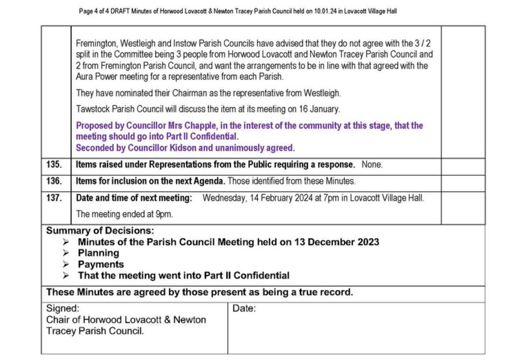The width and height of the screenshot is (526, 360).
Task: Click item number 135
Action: click(x=54, y=165)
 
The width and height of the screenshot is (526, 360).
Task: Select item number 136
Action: click(x=54, y=181)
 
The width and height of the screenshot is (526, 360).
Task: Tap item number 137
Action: click(x=54, y=198)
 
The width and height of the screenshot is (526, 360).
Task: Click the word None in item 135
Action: click(x=372, y=165)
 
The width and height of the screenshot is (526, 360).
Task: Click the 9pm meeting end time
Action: click(x=164, y=214)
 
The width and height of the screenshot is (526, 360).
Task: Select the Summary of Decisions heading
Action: click(x=100, y=230)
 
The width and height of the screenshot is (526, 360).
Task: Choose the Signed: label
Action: click(x=63, y=308)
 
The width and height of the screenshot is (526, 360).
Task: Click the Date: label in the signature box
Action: click(x=244, y=308)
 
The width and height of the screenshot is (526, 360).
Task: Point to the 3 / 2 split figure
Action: click(x=422, y=44)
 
